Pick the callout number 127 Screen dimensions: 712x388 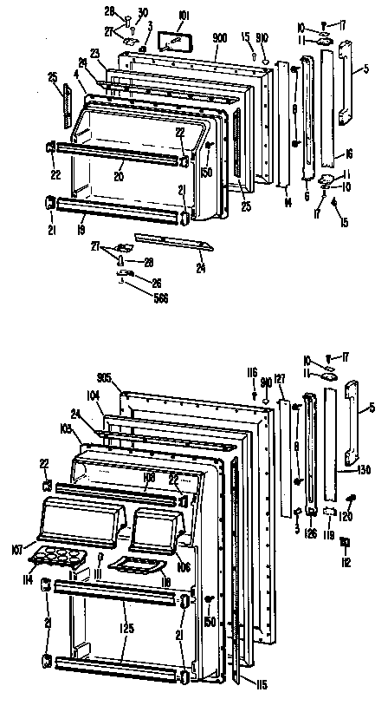(279, 378)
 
